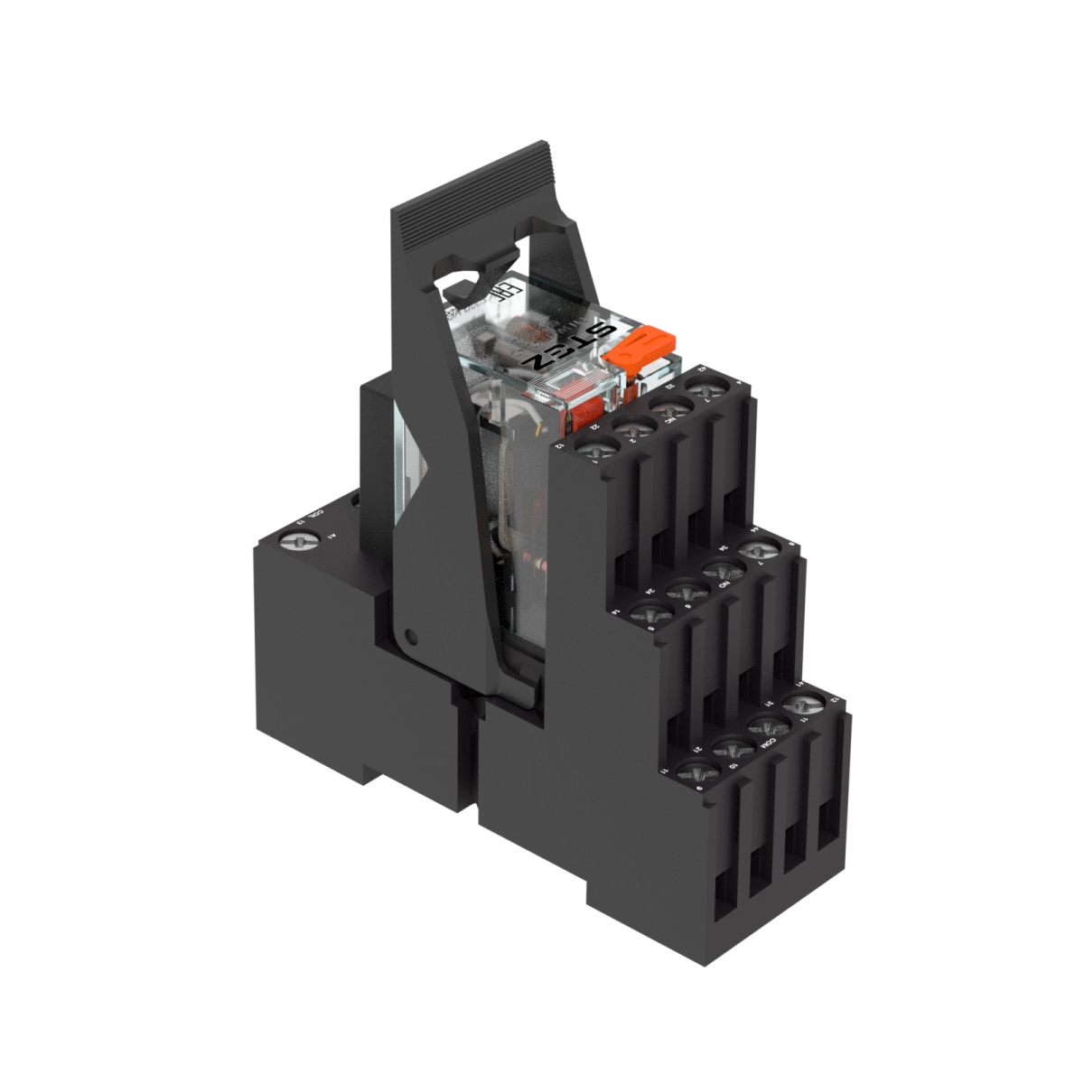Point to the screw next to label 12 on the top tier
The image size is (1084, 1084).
click(x=597, y=447)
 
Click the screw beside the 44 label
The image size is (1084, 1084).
click(x=759, y=548)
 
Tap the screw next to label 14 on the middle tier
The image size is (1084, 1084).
click(x=651, y=613)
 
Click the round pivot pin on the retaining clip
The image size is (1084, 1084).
click(x=411, y=638)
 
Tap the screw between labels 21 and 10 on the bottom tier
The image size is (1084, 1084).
click(x=734, y=748)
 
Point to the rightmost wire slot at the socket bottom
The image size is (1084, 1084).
click(x=827, y=840)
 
